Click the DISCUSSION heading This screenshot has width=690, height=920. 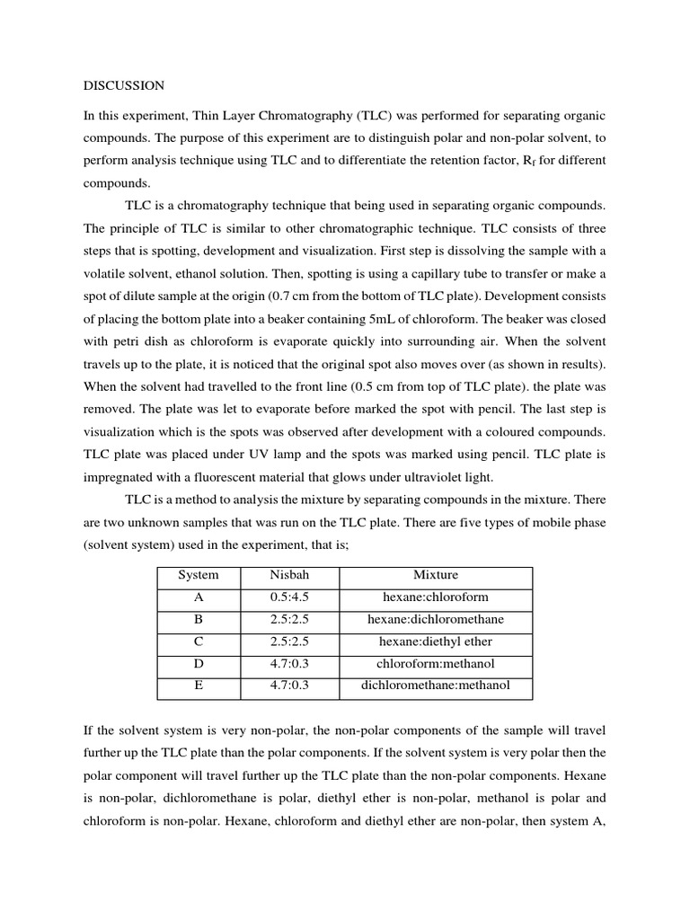coord(124,86)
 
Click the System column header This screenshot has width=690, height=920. coord(198,575)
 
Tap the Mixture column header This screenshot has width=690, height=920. coord(435,575)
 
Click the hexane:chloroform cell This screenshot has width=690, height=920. coord(435,597)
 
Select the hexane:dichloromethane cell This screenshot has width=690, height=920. coord(435,619)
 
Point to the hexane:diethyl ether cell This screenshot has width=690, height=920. coord(435,641)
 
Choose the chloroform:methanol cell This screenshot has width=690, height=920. coord(435,664)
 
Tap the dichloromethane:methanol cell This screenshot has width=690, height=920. coord(435,686)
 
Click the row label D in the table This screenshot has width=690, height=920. coord(198,664)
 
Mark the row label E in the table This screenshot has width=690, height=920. coord(198,686)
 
